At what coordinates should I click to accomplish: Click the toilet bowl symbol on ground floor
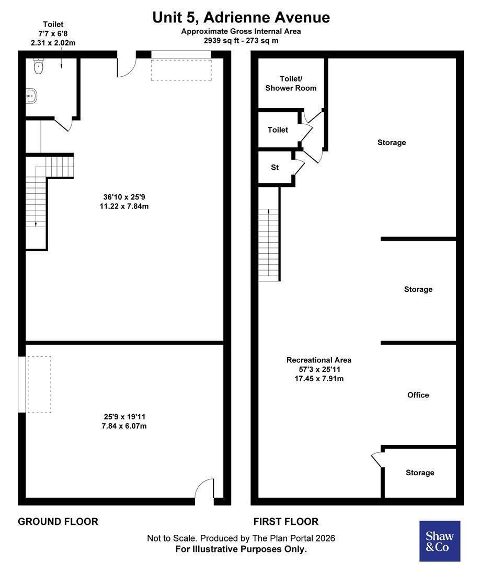click(38, 66)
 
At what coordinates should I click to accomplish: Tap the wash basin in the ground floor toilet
click(31, 96)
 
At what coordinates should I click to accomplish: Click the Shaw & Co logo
click(440, 540)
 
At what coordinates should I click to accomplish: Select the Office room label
click(418, 395)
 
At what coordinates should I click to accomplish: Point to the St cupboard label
click(275, 167)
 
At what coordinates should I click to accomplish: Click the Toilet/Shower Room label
click(291, 84)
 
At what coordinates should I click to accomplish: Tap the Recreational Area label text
click(319, 360)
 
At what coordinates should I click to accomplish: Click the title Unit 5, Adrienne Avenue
click(241, 17)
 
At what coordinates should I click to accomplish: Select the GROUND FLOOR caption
click(58, 522)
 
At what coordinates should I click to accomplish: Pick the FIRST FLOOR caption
click(286, 522)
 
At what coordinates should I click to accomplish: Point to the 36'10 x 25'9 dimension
click(124, 197)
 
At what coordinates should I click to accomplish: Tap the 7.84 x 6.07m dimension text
click(124, 426)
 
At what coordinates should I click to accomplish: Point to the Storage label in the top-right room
click(392, 143)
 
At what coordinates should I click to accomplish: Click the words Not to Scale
click(172, 538)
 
